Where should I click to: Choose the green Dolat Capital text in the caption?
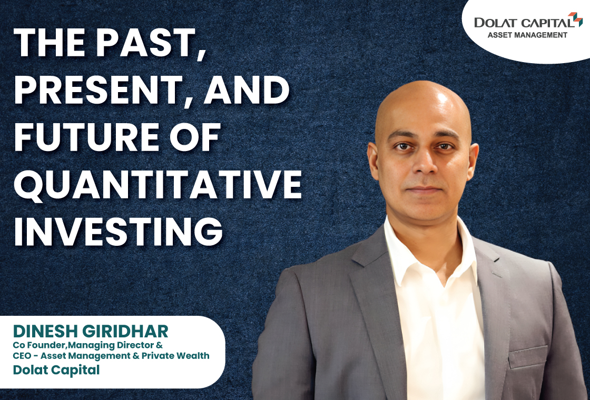tap(56, 370)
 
